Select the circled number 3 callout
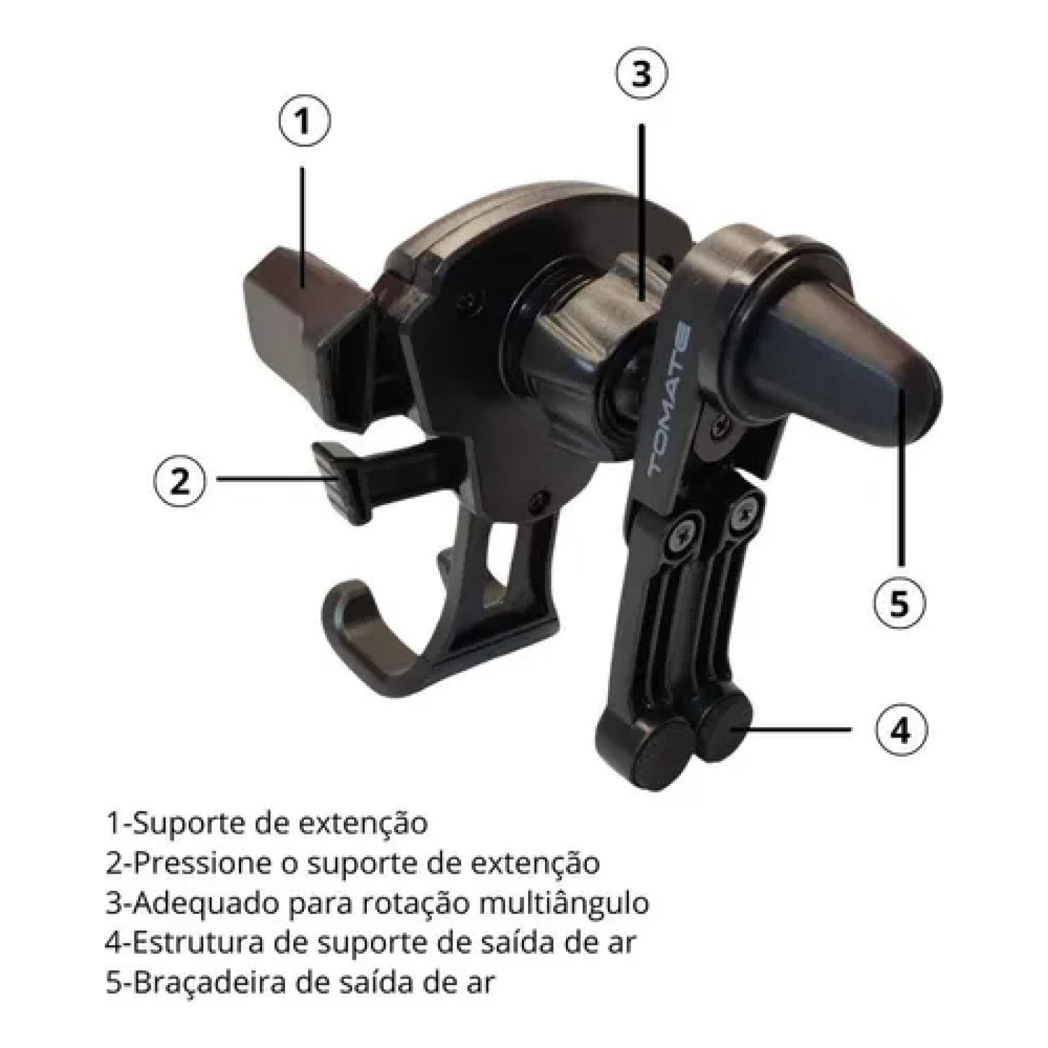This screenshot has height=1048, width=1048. coord(641,73)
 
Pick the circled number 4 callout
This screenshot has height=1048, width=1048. coord(901,729)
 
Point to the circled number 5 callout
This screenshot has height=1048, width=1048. coord(900,603)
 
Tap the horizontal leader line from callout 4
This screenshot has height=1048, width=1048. coord(793,729)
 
